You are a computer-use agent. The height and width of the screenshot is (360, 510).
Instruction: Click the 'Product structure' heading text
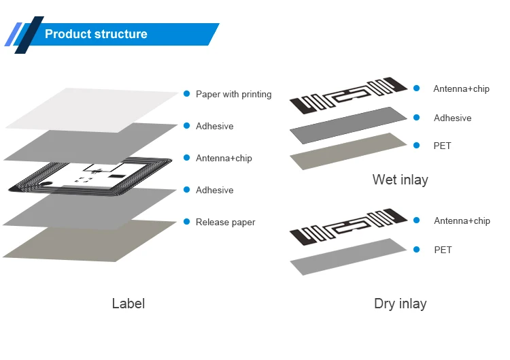(x=96, y=34)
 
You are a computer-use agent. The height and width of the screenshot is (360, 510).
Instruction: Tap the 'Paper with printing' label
(x=233, y=94)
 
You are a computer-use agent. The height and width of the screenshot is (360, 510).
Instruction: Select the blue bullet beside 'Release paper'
(x=187, y=222)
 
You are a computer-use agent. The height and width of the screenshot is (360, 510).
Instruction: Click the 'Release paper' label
(x=225, y=222)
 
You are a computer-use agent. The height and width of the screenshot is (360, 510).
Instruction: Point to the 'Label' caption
(x=129, y=304)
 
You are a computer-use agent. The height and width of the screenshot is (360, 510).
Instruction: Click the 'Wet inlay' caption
(x=400, y=180)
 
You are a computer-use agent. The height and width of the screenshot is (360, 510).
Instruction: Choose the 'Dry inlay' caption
(x=400, y=304)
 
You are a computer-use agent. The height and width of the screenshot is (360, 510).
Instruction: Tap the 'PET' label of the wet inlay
(x=443, y=146)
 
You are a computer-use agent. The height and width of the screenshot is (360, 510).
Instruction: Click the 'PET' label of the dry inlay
(x=443, y=250)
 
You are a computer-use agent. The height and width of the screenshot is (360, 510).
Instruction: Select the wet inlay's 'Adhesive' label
(x=452, y=118)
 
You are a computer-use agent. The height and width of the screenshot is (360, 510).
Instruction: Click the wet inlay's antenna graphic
(x=348, y=95)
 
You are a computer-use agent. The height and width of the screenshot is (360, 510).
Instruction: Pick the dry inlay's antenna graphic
(x=348, y=227)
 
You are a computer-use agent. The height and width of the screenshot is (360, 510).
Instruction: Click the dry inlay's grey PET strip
(x=348, y=257)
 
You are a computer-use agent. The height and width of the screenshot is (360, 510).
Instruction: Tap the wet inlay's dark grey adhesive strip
(x=348, y=125)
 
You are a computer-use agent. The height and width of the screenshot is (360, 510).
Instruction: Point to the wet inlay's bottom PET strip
(x=348, y=151)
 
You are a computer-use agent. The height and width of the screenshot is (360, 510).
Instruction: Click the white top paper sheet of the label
(x=92, y=110)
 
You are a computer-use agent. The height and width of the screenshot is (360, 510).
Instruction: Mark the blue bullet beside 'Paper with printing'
(x=187, y=94)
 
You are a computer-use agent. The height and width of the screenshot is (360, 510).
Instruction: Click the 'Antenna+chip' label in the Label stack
(x=224, y=158)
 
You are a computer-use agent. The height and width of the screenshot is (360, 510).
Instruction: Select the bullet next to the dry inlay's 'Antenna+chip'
(x=416, y=220)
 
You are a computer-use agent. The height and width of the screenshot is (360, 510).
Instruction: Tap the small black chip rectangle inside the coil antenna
(x=117, y=176)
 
